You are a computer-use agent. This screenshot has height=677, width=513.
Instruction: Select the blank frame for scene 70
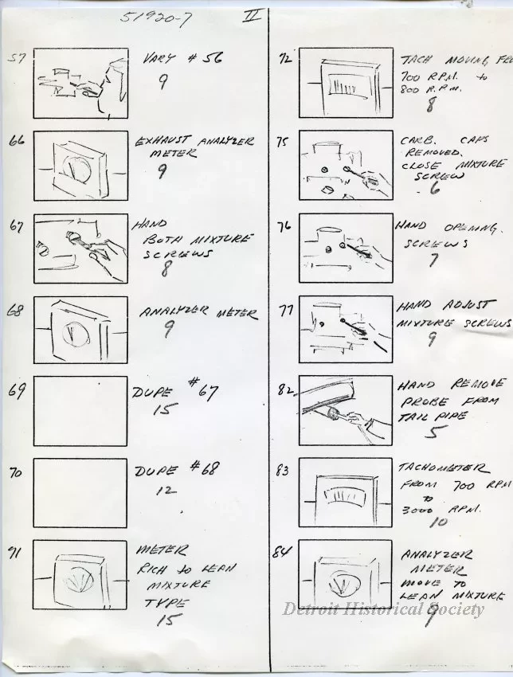(x=80, y=493)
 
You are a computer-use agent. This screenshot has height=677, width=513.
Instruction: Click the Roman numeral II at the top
(x=249, y=16)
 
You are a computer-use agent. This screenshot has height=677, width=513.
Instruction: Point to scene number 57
(x=16, y=57)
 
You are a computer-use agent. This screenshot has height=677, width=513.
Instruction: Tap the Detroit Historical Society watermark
(x=383, y=609)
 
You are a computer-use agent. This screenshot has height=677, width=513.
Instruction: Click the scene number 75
(x=282, y=143)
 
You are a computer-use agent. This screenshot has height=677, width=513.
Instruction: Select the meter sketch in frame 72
(x=347, y=84)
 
